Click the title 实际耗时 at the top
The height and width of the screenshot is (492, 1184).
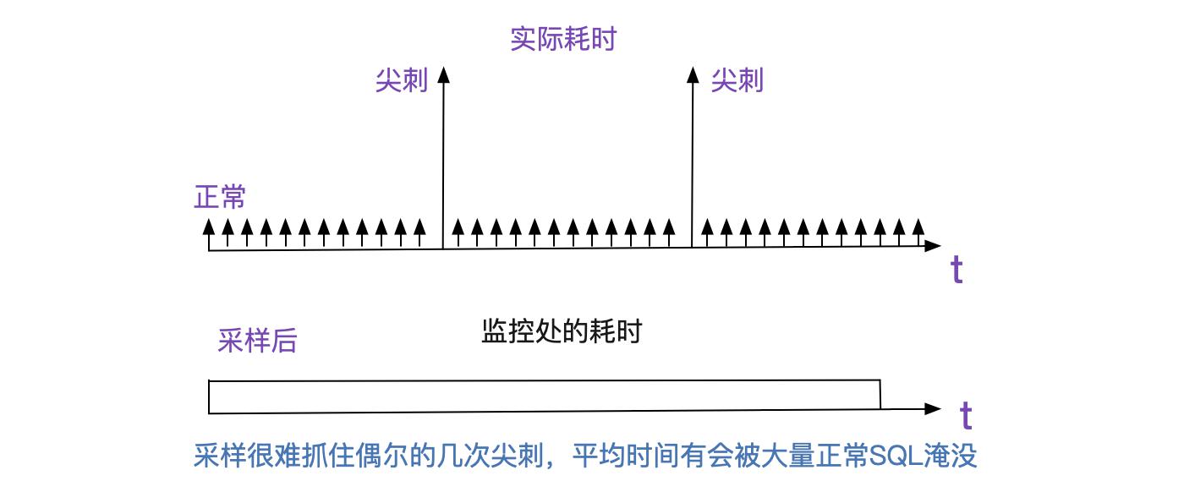tap(563, 39)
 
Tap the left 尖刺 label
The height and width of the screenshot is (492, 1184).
tap(402, 80)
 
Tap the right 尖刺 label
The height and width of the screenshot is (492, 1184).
tap(737, 80)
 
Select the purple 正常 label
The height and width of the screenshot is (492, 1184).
tap(220, 197)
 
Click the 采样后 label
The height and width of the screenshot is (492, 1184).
tap(257, 340)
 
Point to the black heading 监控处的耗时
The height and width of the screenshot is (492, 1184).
tap(562, 331)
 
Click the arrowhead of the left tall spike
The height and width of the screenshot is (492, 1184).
tap(444, 75)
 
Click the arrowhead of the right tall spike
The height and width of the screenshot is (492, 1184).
tap(693, 75)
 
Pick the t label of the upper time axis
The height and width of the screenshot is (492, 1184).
tap(957, 270)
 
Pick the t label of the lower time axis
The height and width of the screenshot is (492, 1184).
tap(966, 415)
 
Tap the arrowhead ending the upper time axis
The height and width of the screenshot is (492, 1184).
tap(933, 246)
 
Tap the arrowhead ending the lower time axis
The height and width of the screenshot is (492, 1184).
tap(933, 408)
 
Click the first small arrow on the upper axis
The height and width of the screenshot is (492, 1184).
tap(209, 234)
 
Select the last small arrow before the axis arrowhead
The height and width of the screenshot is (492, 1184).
tap(918, 232)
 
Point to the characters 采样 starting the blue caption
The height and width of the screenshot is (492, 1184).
tap(219, 456)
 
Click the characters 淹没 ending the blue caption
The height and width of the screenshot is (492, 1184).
tap(951, 456)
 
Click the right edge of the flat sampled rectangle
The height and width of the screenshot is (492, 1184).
tap(880, 394)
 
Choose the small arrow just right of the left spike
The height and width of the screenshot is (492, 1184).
tap(458, 233)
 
